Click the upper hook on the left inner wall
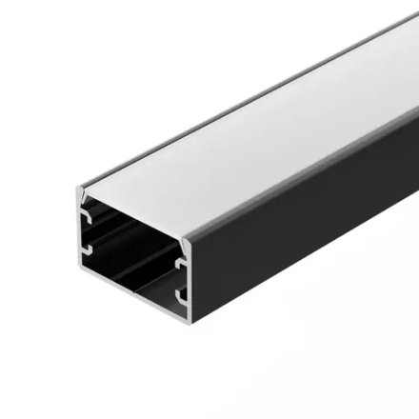click(86, 218)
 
